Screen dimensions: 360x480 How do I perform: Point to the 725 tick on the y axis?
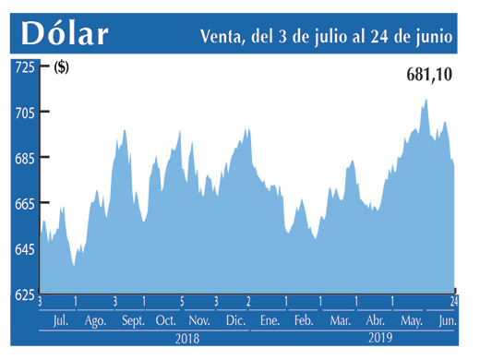(24, 67)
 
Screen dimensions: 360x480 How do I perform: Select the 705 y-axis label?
(24, 113)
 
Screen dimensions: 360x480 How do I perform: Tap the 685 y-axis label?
(24, 158)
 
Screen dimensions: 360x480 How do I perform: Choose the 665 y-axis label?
(24, 203)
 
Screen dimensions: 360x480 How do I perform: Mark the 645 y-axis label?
(24, 249)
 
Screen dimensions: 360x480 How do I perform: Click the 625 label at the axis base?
(24, 294)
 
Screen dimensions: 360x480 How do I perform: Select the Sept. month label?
(133, 320)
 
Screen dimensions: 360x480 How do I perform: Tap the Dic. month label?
(235, 320)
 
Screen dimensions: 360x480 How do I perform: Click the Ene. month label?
(270, 320)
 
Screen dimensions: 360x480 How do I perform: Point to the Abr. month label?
(374, 320)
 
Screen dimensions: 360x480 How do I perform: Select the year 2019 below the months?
(379, 338)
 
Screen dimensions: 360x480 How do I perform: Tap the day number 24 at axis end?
(454, 302)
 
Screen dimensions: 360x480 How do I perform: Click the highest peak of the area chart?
(426, 100)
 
